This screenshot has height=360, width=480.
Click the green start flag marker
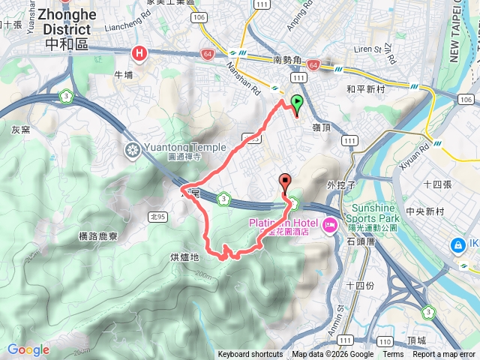298,103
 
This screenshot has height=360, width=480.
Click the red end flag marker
286,181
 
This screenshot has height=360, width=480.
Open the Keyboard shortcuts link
250,355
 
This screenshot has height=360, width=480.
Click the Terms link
393,355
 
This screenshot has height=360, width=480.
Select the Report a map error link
444,355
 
